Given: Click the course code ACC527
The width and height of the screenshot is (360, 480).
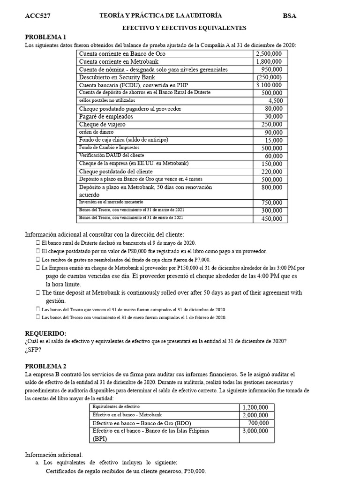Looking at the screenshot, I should (x=37, y=16).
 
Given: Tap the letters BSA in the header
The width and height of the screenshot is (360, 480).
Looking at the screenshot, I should (x=289, y=16).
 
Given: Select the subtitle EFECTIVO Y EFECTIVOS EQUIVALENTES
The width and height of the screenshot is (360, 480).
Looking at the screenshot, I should (x=184, y=28).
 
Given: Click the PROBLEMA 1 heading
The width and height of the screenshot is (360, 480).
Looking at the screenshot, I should (x=45, y=37).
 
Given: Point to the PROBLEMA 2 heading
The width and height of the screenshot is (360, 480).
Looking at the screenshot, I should (x=45, y=366).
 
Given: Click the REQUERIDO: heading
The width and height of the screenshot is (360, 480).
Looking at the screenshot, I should (x=45, y=333).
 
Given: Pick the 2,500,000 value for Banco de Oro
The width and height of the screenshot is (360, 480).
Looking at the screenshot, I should (x=269, y=54).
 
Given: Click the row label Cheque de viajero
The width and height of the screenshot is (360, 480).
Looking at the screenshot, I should (x=102, y=125).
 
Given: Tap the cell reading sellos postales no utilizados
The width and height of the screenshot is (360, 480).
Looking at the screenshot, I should (x=107, y=101).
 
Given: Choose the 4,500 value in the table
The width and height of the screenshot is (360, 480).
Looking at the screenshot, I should (x=275, y=101).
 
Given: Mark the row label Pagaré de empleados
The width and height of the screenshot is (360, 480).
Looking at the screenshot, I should (x=106, y=117).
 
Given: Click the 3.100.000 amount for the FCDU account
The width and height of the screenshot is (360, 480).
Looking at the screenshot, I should (x=269, y=85).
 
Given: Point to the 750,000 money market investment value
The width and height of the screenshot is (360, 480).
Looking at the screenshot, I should (x=272, y=202).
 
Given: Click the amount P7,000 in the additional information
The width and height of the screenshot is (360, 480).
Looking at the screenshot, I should (x=201, y=260).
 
